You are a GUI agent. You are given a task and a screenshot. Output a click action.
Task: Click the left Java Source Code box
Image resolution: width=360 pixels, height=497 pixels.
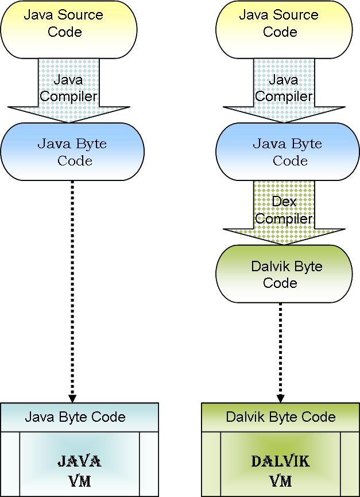coord(69,29)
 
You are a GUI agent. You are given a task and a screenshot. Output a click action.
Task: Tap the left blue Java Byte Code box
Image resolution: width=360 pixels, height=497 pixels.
coord(72,152)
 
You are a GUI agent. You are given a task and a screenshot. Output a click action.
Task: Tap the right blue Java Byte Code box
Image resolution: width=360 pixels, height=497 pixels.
coord(287,152)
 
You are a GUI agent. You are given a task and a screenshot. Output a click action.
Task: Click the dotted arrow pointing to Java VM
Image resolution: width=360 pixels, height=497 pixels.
coord(72,287)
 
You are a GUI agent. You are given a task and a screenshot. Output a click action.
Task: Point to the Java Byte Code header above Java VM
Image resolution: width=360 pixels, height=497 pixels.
coord(75,417)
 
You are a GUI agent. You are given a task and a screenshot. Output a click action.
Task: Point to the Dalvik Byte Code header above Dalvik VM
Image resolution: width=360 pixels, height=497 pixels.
coord(281,417)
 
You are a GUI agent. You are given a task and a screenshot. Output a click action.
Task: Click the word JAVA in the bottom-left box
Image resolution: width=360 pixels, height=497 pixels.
coord(79,461)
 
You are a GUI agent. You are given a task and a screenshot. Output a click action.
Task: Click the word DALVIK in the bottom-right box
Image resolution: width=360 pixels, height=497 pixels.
coord(281,461)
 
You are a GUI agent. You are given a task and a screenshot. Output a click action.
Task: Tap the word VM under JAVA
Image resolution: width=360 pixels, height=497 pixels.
coord(79,481)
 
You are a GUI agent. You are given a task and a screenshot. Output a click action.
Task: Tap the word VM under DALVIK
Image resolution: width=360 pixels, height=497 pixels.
coord(281,481)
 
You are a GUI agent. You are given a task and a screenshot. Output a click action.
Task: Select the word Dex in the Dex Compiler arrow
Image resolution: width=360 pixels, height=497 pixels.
coord(284,202)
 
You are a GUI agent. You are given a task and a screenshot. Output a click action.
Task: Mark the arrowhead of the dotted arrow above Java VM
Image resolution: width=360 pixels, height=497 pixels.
coord(72,398)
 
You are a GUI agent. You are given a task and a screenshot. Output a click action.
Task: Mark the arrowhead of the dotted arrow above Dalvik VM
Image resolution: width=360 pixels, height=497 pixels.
coord(281,398)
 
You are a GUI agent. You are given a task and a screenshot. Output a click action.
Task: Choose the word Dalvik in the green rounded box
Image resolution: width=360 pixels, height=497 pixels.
coord(269,267)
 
